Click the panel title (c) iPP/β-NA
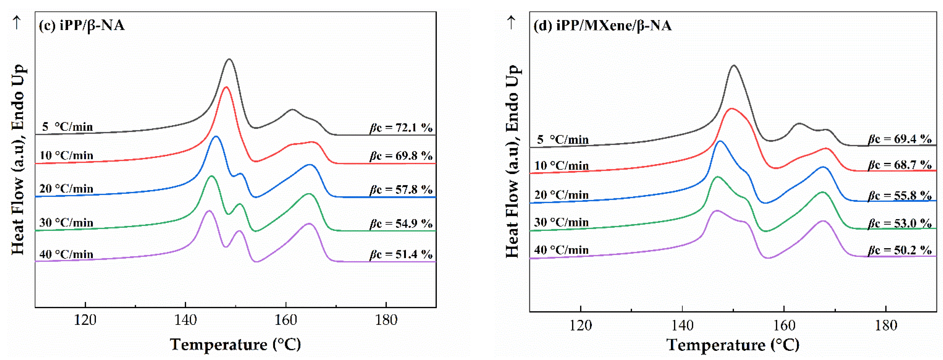point(82,26)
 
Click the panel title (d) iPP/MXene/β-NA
point(602,26)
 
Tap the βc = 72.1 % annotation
point(401,128)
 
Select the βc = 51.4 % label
point(401,254)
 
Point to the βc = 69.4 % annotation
point(900,139)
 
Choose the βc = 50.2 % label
point(900,250)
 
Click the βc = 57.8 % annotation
point(401,189)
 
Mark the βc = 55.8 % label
point(900,196)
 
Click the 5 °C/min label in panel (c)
point(67,127)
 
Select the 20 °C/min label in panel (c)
point(66,188)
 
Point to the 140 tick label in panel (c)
point(185,320)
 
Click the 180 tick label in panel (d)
point(885,325)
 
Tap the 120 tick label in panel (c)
point(85,320)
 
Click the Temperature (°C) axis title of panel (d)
point(733,345)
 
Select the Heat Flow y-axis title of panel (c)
point(18,159)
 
